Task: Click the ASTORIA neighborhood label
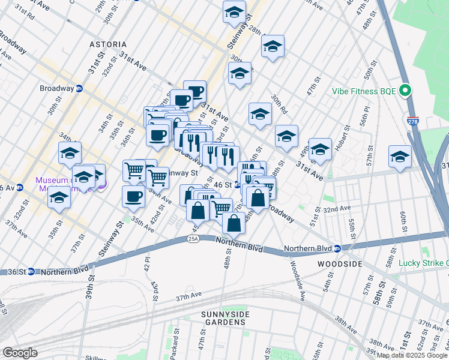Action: [108, 44]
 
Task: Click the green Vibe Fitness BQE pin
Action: [405, 91]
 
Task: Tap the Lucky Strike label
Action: [423, 263]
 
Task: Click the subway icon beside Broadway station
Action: [79, 88]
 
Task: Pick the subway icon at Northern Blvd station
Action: [337, 248]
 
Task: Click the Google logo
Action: [20, 353]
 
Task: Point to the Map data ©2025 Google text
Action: [412, 355]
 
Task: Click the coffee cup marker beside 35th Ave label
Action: [133, 196]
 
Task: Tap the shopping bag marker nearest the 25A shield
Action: [234, 223]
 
